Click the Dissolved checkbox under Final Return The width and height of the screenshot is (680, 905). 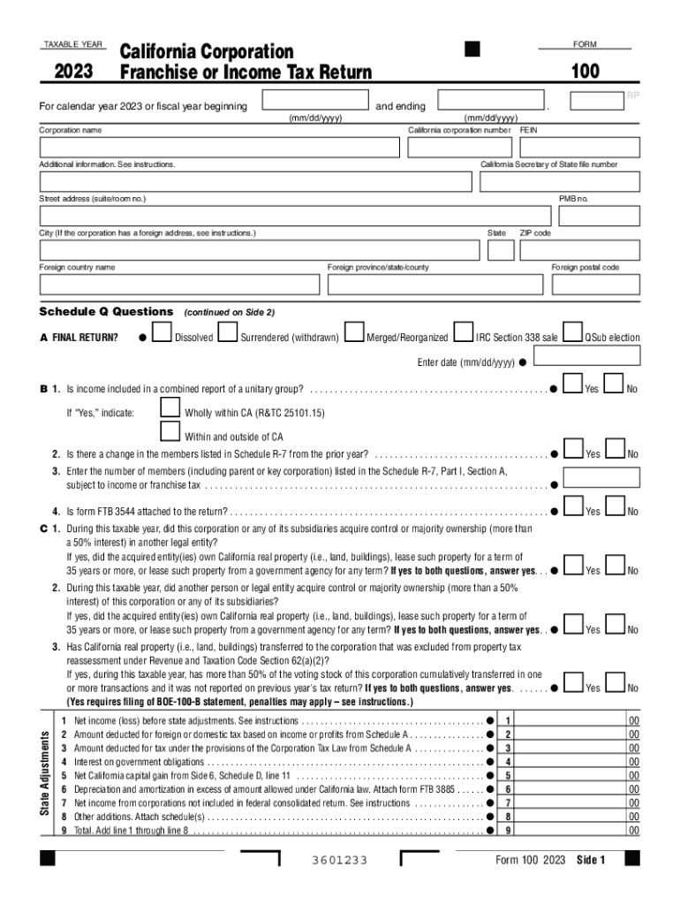(x=162, y=331)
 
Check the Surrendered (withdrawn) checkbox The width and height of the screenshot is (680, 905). (x=227, y=331)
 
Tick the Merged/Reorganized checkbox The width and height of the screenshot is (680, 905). (x=354, y=331)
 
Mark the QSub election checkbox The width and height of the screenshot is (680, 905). (x=573, y=331)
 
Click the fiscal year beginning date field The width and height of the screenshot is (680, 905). (x=316, y=100)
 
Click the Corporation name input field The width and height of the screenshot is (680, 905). (x=221, y=148)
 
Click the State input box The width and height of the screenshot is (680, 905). (x=500, y=250)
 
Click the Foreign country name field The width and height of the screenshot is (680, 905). (x=179, y=284)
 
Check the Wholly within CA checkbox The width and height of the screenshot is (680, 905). (x=170, y=407)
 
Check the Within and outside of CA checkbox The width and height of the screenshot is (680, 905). (x=170, y=431)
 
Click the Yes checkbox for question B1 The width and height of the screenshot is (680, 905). (x=573, y=384)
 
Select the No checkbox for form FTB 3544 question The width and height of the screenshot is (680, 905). (x=616, y=506)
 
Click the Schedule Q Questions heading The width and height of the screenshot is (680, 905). (x=106, y=312)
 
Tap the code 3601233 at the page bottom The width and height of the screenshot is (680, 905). (x=340, y=861)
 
